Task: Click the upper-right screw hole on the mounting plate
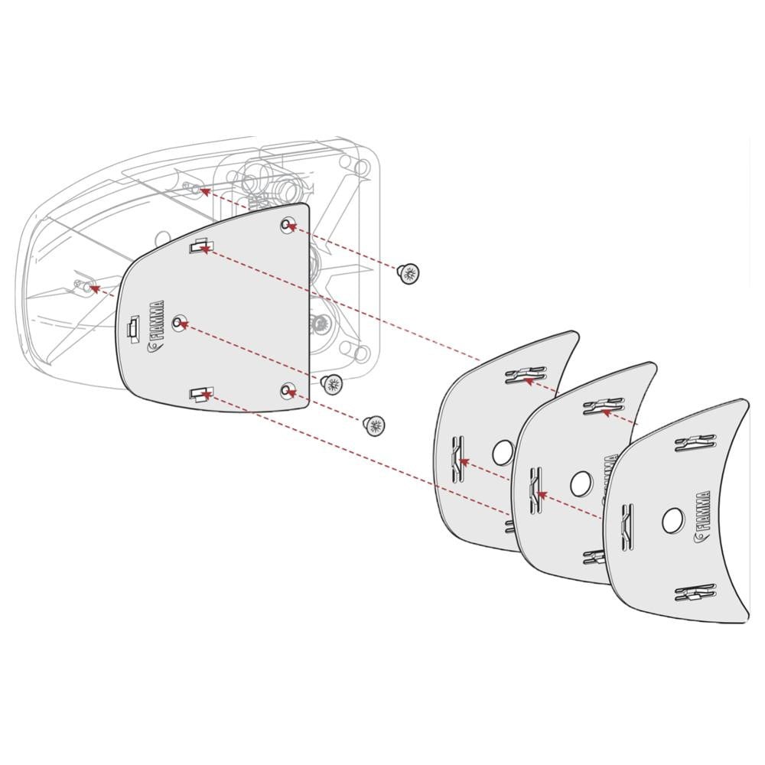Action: [288, 225]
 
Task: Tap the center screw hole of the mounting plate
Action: [180, 324]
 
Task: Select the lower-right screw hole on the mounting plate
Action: [288, 391]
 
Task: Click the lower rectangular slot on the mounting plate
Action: [200, 394]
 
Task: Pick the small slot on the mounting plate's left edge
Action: [132, 328]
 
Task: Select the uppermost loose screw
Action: [410, 272]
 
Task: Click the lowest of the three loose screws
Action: [373, 425]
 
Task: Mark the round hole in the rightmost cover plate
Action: [673, 521]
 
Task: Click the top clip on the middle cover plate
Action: [603, 407]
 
